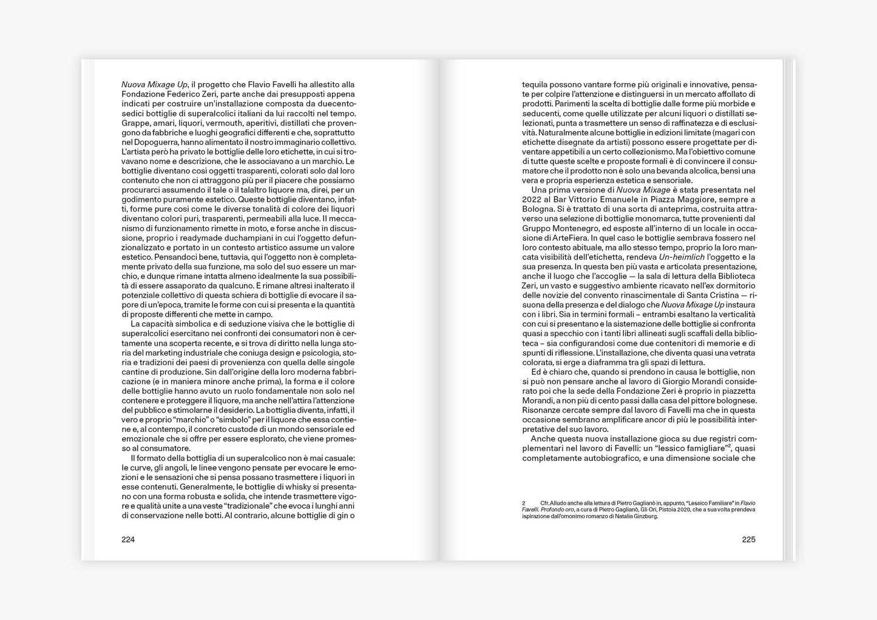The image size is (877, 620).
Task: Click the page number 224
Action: (x=128, y=539)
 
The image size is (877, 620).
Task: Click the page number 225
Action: (x=748, y=539)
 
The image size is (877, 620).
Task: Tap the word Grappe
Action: (x=135, y=123)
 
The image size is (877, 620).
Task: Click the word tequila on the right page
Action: (x=535, y=84)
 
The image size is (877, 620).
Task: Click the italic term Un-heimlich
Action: (x=682, y=257)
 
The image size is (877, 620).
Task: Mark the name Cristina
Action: (x=733, y=295)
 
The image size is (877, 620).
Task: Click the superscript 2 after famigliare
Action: (x=729, y=445)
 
